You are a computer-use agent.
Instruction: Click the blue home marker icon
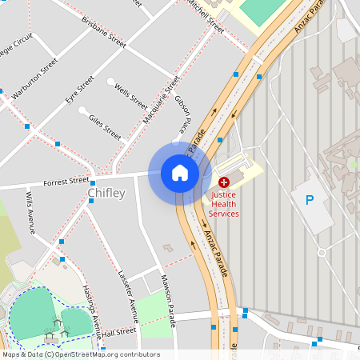tap(180, 173)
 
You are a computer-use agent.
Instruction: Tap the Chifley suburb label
tap(106, 194)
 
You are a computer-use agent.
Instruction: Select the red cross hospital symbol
tap(223, 183)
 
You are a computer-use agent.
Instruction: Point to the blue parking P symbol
tap(309, 200)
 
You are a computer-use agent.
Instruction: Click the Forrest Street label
tap(66, 182)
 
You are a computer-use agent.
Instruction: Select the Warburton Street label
tap(34, 78)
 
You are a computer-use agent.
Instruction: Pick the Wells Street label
tap(131, 99)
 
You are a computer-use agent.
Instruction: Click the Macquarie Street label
tap(161, 100)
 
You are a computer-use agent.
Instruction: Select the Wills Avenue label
tap(31, 212)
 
